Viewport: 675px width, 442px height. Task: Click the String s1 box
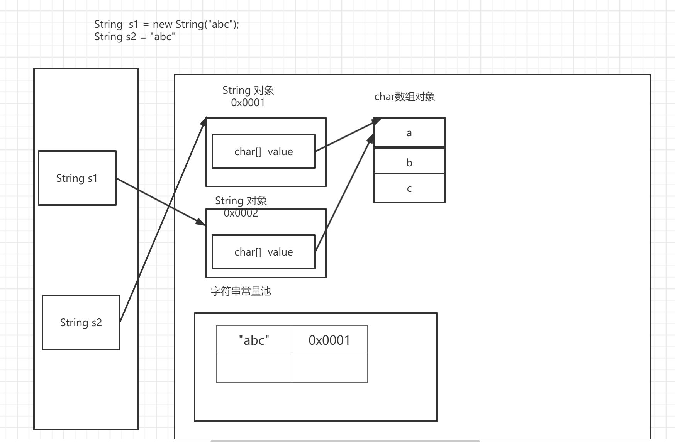click(x=77, y=178)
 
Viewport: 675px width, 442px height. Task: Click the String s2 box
click(x=81, y=322)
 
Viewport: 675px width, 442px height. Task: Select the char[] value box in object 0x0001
click(x=263, y=151)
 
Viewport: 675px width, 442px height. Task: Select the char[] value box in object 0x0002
click(x=263, y=252)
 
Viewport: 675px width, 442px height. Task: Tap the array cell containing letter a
click(x=409, y=133)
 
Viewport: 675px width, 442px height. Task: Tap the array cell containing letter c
click(x=409, y=188)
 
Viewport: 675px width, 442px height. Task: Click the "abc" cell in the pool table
click(x=254, y=340)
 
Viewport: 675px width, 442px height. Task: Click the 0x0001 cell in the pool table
click(x=329, y=340)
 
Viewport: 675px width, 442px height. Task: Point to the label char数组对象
click(x=404, y=97)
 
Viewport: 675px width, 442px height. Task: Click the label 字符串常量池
click(x=241, y=291)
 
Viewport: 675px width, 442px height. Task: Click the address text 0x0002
click(x=241, y=213)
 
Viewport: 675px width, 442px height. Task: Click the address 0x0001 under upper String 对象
click(x=248, y=103)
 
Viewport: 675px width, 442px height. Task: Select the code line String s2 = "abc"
click(x=134, y=37)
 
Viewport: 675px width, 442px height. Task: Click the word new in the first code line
click(x=162, y=24)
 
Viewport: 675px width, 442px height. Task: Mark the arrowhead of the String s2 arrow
click(x=204, y=121)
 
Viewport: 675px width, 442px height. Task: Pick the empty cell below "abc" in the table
click(x=254, y=368)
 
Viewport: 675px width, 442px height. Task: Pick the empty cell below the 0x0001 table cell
click(x=329, y=368)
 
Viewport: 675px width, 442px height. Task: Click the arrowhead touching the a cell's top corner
click(x=377, y=121)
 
